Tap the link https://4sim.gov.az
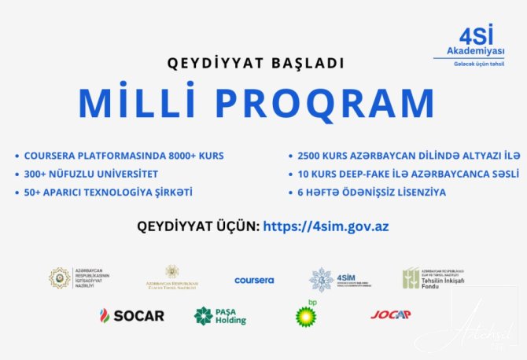tap(326, 226)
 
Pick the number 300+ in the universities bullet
tap(38, 174)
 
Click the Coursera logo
tap(254, 280)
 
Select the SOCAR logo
tap(131, 316)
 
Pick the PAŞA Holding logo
tap(220, 316)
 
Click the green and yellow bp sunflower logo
tap(307, 316)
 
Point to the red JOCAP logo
tap(391, 315)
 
